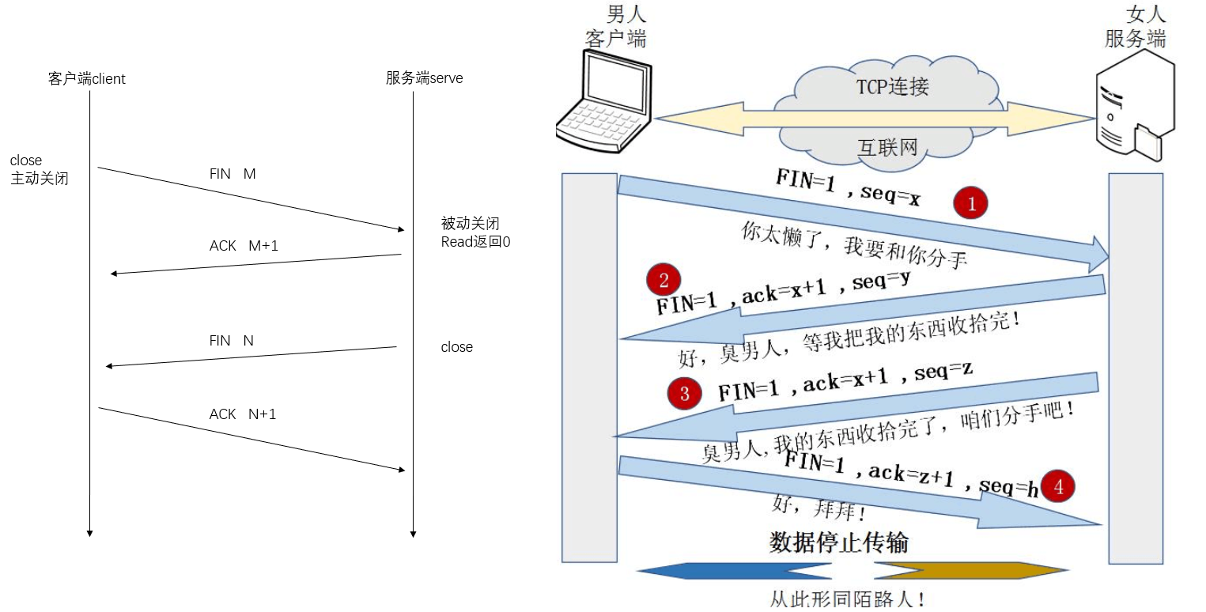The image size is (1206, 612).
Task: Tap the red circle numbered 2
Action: pyautogui.click(x=663, y=280)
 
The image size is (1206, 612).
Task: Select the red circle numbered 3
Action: pyautogui.click(x=685, y=394)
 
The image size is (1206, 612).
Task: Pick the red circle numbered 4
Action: pyautogui.click(x=1059, y=487)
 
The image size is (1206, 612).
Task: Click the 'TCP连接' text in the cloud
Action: pyautogui.click(x=892, y=87)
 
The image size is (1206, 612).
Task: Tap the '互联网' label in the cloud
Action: pyautogui.click(x=887, y=146)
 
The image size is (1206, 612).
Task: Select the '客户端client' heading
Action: pyautogui.click(x=87, y=79)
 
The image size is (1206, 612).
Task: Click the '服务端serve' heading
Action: pyautogui.click(x=424, y=78)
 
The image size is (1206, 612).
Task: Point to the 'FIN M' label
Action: pyautogui.click(x=233, y=174)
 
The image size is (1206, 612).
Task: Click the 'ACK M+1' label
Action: pyautogui.click(x=244, y=246)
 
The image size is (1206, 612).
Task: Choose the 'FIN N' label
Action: pyautogui.click(x=231, y=341)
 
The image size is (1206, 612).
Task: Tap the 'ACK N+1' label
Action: pyautogui.click(x=242, y=414)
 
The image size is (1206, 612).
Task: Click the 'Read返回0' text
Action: pyautogui.click(x=475, y=242)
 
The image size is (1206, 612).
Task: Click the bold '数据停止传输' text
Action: pyautogui.click(x=838, y=542)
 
